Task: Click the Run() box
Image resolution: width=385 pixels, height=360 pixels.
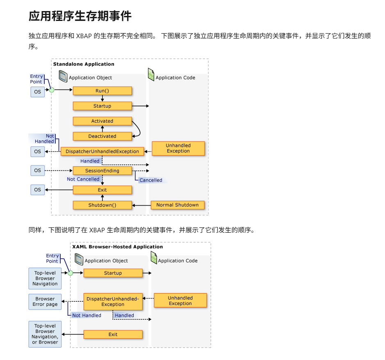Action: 102,91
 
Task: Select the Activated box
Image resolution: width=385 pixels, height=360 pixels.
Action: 102,121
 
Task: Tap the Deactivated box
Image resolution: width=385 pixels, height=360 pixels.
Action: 102,136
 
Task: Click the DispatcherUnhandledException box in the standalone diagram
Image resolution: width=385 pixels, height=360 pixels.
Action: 102,151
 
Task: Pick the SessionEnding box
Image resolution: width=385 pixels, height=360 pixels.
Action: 102,171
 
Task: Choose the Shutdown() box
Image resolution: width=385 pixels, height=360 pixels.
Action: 102,205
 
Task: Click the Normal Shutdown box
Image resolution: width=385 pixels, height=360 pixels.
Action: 177,205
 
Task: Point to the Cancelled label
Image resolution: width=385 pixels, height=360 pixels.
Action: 150,180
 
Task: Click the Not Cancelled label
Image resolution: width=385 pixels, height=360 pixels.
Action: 83,179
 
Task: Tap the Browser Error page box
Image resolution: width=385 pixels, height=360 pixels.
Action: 45,302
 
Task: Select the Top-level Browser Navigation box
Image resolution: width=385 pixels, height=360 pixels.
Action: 45,278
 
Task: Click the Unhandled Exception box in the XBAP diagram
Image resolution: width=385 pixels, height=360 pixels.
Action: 180,301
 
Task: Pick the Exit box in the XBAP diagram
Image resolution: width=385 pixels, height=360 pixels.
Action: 113,335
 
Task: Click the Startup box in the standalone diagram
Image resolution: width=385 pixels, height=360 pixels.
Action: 102,106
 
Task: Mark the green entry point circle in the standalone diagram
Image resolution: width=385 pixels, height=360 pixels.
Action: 52,89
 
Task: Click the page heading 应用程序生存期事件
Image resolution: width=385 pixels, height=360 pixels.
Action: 80,16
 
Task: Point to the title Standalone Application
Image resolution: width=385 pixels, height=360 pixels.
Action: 84,64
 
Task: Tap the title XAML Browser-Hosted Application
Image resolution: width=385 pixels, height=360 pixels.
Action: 117,247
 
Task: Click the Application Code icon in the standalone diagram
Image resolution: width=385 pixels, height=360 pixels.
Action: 151,75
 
